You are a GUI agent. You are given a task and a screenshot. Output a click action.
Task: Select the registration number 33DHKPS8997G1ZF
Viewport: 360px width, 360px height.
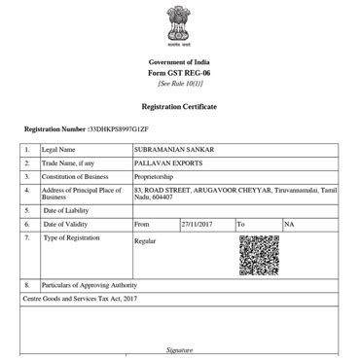pyautogui.click(x=120, y=128)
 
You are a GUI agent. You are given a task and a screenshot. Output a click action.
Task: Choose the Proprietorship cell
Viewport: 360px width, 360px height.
pyautogui.click(x=157, y=176)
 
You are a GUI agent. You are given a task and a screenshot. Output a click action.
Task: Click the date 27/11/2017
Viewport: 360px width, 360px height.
pyautogui.click(x=196, y=224)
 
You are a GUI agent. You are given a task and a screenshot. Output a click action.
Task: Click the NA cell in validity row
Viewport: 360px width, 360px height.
pyautogui.click(x=289, y=224)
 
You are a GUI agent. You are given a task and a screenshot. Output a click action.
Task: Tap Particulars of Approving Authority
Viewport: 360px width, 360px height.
pyautogui.click(x=88, y=284)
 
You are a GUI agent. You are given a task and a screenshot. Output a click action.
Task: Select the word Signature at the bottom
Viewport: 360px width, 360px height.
pyautogui.click(x=180, y=349)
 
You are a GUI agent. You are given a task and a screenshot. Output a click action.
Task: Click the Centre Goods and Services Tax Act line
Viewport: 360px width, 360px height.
pyautogui.click(x=81, y=298)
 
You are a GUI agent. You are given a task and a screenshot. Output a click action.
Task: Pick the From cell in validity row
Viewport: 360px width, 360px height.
pyautogui.click(x=142, y=224)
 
